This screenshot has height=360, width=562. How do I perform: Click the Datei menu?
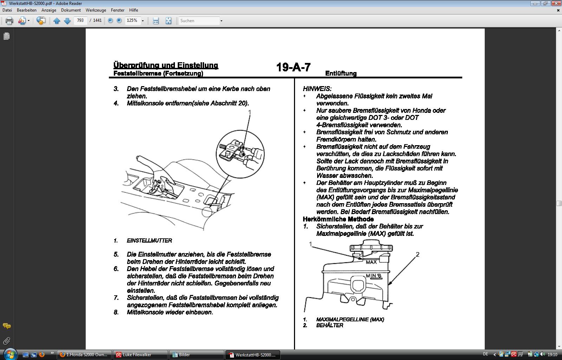tap(7, 10)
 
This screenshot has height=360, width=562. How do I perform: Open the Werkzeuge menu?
tap(96, 10)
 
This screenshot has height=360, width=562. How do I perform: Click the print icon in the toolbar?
tap(9, 21)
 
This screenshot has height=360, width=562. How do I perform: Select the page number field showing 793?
tap(80, 20)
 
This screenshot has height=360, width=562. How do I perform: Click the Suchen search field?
tap(199, 21)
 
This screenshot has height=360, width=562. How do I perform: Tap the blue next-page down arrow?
tap(67, 21)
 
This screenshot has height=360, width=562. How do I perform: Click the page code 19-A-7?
tap(293, 67)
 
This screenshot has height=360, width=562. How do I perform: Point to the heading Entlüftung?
tap(341, 73)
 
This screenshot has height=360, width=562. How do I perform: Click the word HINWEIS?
tap(317, 89)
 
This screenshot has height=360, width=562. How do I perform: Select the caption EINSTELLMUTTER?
tap(149, 240)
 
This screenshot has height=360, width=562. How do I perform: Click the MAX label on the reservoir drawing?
tap(371, 262)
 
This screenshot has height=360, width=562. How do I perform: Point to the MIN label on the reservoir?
tap(372, 276)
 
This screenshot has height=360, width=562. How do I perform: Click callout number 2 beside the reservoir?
tap(418, 254)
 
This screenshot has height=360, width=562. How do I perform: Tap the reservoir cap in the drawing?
tap(371, 246)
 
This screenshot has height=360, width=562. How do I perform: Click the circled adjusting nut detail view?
tap(240, 154)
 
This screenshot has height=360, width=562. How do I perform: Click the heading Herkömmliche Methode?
tap(338, 219)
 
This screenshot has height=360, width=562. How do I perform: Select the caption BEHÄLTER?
tap(329, 325)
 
